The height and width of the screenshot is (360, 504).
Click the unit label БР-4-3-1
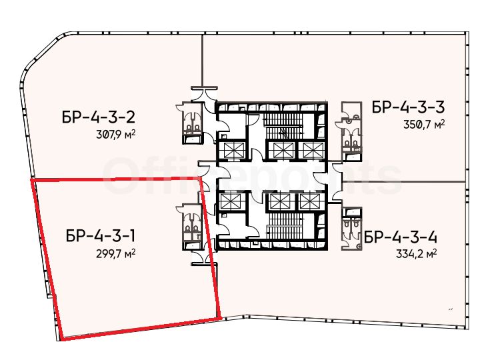coord(101,235)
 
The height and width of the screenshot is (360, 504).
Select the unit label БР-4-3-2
coord(99,117)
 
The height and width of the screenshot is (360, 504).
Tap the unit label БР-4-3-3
coord(408,107)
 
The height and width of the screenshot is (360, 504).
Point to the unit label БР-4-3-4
coord(401,238)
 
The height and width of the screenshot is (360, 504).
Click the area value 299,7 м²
coord(115,253)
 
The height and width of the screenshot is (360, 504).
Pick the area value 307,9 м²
coord(115,133)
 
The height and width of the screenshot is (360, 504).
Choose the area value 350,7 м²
coord(424,124)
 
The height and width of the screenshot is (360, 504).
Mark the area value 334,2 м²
coord(417,254)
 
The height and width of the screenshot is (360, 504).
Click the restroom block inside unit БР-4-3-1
coord(192,227)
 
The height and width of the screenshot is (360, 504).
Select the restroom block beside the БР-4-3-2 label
coord(192,123)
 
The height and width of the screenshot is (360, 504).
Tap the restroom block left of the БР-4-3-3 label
coord(351,131)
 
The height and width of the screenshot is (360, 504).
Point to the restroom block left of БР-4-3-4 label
coord(351,229)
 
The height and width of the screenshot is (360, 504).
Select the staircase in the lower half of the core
coord(283,227)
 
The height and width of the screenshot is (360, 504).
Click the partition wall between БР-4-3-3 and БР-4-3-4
coord(404,182)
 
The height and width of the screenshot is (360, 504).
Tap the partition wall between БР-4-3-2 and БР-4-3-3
coord(203,60)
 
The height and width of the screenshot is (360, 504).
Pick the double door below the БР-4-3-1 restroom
coord(205,258)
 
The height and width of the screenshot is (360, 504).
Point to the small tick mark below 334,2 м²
coord(450,309)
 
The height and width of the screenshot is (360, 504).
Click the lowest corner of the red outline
coord(63,339)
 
